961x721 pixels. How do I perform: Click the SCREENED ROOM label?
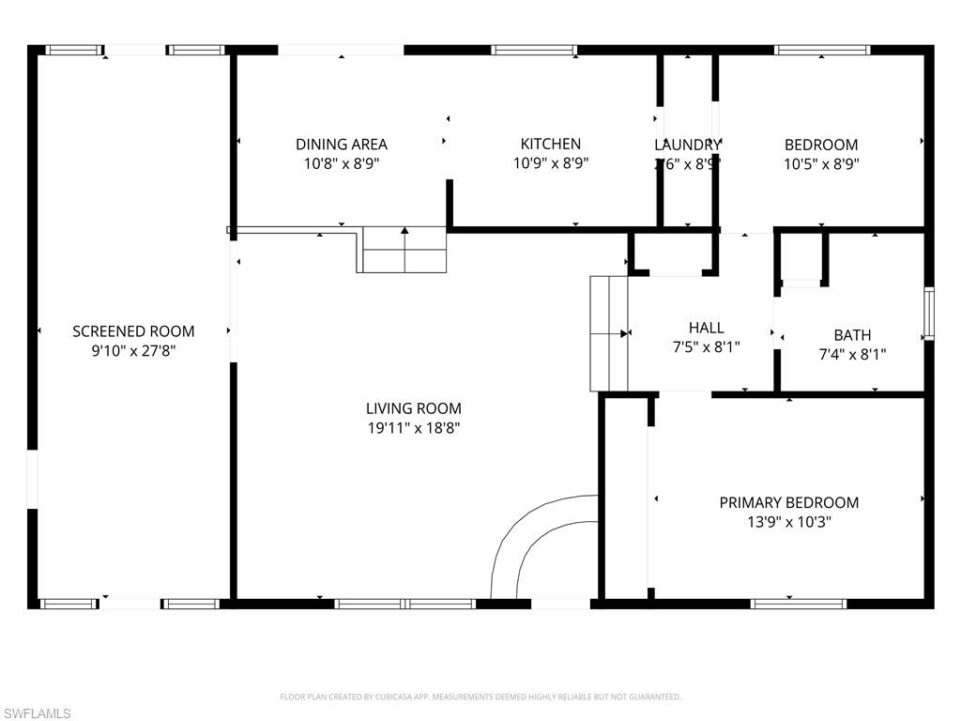(x=133, y=331)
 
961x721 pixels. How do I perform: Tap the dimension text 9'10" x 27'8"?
(x=133, y=351)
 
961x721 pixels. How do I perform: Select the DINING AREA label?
(x=342, y=145)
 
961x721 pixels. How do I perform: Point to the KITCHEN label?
(x=551, y=144)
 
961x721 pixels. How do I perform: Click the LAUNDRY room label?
(x=687, y=145)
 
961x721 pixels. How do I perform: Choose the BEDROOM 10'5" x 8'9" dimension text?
(x=821, y=163)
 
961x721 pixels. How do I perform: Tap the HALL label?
(x=706, y=328)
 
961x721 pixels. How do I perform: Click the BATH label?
(x=852, y=335)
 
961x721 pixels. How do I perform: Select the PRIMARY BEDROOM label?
(x=788, y=503)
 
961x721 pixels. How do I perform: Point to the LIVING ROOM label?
(x=414, y=408)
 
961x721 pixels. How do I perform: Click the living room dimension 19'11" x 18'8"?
(x=414, y=428)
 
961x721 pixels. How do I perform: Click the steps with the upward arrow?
(x=404, y=250)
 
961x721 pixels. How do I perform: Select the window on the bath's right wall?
(x=928, y=314)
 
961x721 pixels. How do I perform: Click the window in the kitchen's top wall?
(x=534, y=50)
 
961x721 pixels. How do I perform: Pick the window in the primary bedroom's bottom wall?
(x=798, y=604)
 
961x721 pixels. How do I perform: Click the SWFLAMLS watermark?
(x=37, y=713)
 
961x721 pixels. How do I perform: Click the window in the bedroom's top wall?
(x=822, y=50)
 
